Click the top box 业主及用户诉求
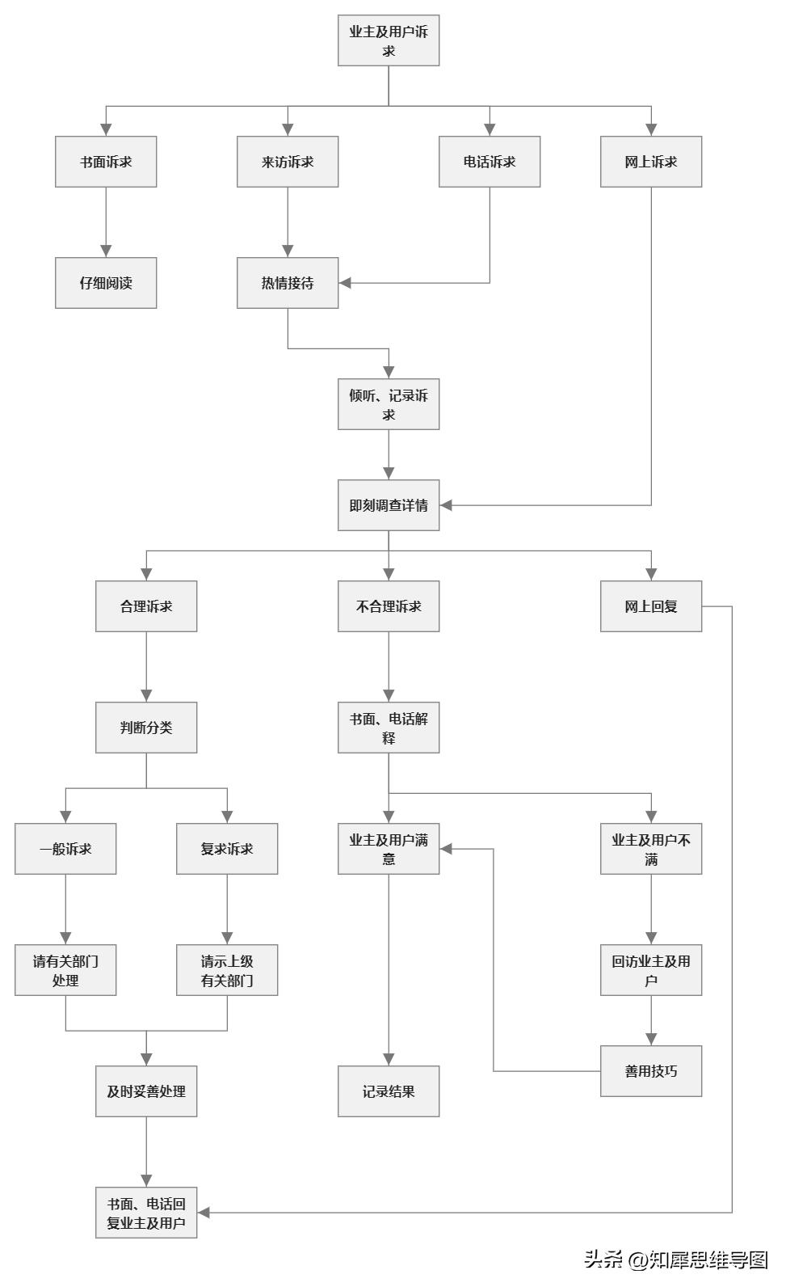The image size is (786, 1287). tap(389, 40)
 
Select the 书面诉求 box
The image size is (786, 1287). tap(106, 162)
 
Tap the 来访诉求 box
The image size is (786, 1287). tap(288, 162)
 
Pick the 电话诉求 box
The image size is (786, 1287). tap(490, 162)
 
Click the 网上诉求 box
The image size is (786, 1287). tap(651, 162)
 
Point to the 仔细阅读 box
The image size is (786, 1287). tap(106, 283)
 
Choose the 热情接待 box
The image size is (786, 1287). tap(288, 283)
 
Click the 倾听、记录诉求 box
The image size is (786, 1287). tap(389, 404)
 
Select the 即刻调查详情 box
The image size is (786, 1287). tap(389, 505)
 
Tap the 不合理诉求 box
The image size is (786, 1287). tap(389, 606)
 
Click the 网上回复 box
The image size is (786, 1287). tap(651, 606)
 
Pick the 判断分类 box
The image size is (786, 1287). tap(146, 728)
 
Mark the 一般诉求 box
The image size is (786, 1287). tap(65, 849)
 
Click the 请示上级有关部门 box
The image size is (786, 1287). tap(227, 970)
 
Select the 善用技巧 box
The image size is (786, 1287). tap(651, 1071)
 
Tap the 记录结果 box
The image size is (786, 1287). tap(389, 1091)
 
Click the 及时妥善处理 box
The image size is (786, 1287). tap(146, 1091)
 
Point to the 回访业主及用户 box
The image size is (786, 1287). tap(651, 970)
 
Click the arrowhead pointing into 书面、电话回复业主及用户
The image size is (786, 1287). tap(204, 1213)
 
